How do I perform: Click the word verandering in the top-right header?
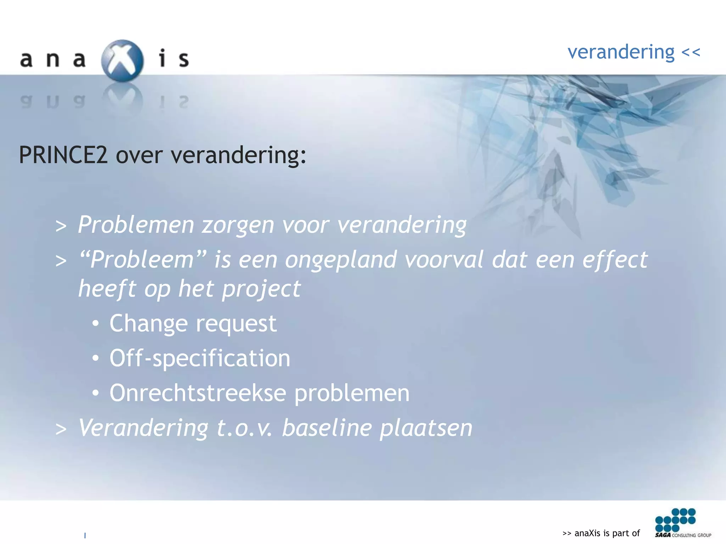621,52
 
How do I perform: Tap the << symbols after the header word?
691,52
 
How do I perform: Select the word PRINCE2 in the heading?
63,155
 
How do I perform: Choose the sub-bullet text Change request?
193,324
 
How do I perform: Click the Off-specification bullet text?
200,358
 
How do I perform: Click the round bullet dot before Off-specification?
95,358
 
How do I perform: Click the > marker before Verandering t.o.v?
61,429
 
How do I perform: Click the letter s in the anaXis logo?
184,59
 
